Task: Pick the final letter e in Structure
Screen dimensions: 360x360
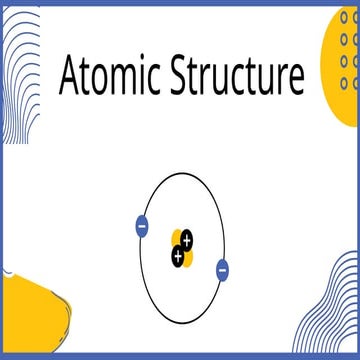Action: [295, 80]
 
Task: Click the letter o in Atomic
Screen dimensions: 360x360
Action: [101, 79]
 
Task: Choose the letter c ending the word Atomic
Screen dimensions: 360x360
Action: [156, 79]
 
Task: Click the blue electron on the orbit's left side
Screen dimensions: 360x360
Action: [141, 226]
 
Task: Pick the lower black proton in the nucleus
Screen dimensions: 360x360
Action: [177, 257]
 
